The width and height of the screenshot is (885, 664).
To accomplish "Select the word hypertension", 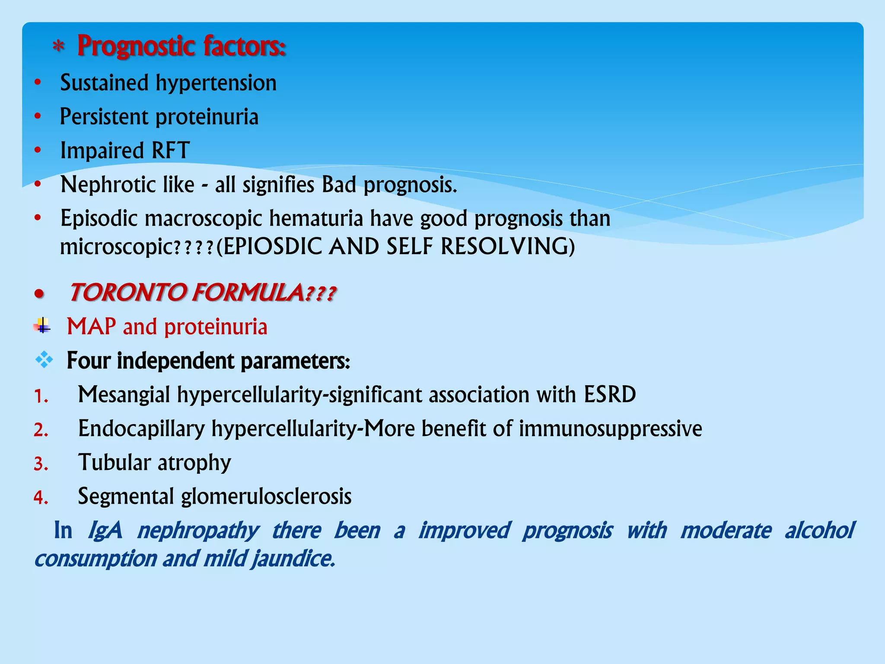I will tap(216, 83).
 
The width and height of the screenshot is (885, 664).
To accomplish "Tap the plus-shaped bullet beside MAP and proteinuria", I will tap(42, 326).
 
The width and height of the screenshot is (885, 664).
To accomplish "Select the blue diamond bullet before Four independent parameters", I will tap(44, 360).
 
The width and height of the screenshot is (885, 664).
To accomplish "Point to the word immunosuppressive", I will tap(610, 429).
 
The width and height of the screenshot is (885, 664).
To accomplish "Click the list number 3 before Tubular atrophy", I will tap(40, 464).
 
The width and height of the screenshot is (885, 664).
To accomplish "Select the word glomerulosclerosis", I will tap(266, 496).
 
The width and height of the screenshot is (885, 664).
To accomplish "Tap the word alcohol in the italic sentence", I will tap(819, 530).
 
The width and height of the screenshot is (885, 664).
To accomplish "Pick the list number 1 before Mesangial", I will tap(40, 396).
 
